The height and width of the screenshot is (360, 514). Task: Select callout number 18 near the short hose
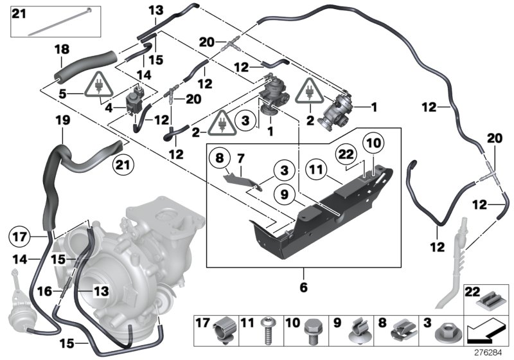[61, 50]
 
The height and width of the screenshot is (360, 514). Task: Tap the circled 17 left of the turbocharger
[20, 235]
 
